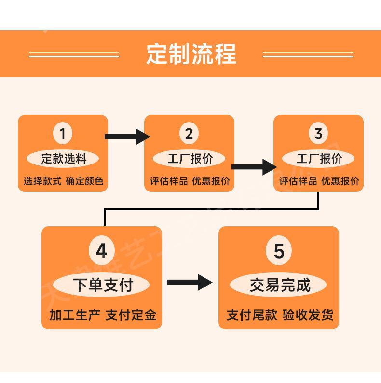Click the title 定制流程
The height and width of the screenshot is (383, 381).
click(191, 54)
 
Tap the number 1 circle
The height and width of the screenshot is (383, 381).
click(63, 133)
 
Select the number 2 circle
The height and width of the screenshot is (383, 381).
click(189, 133)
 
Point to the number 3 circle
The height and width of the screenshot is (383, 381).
click(318, 133)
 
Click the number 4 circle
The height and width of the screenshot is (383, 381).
click(102, 251)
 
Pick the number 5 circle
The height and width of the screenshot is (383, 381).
click(279, 251)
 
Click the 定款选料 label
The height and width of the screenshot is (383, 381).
click(63, 159)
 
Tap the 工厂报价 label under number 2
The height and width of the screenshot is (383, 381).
click(190, 159)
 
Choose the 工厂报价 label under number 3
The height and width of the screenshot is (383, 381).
click(319, 159)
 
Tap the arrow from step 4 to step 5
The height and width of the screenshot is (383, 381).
click(190, 283)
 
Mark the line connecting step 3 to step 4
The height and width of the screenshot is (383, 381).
click(212, 209)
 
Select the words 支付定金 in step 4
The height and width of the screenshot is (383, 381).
click(131, 315)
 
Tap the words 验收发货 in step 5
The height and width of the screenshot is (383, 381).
click(308, 315)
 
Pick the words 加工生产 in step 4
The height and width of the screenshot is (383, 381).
click(75, 315)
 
